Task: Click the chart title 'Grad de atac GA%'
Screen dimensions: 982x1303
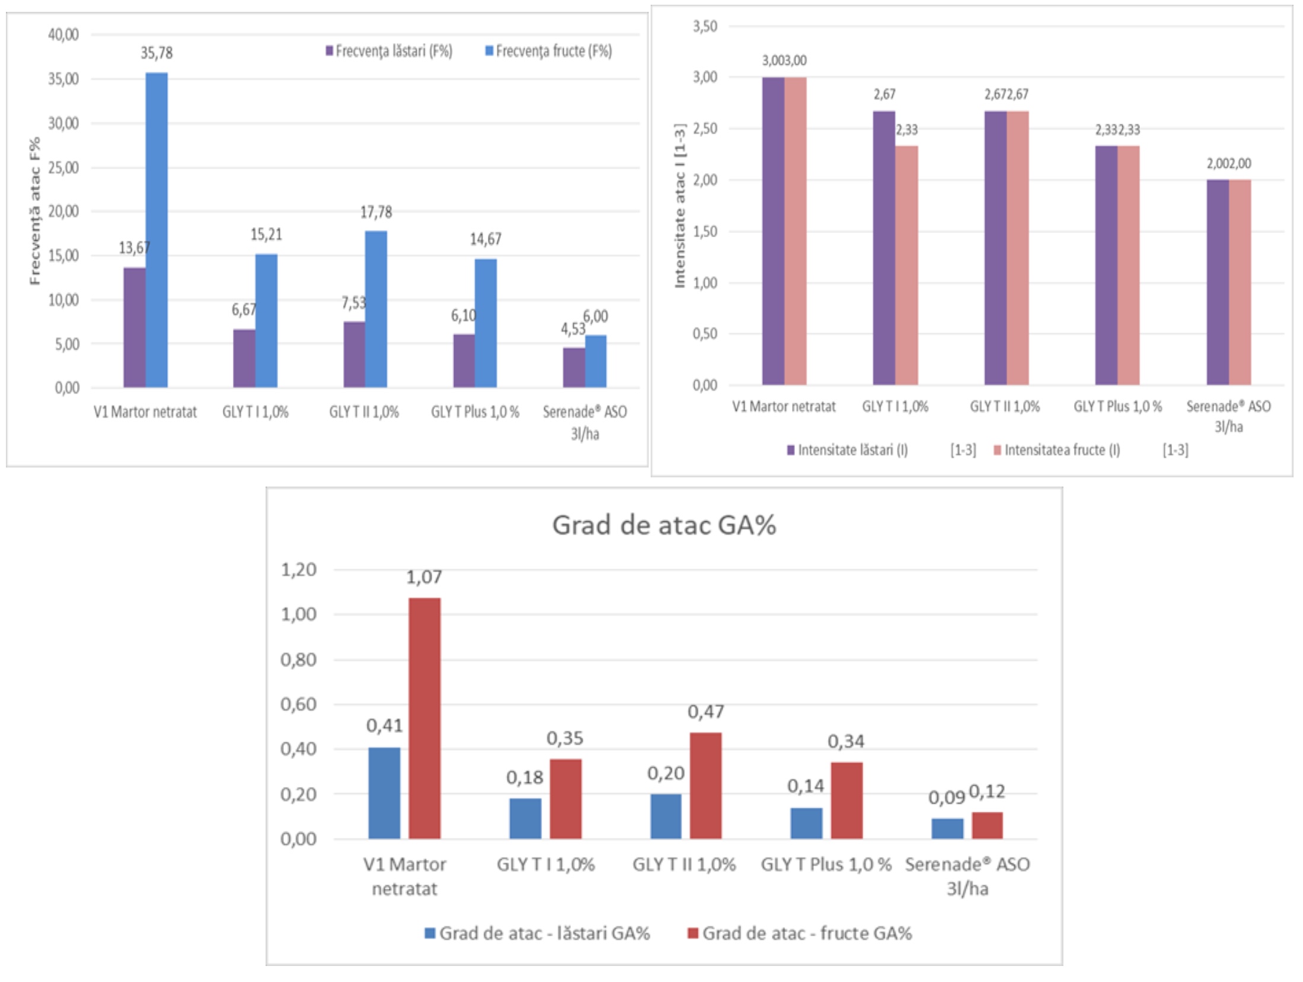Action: (x=664, y=525)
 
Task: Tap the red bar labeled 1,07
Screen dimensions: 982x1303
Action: (x=424, y=718)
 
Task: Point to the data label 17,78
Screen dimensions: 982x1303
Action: (x=376, y=212)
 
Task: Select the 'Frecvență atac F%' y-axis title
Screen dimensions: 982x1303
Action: (x=35, y=211)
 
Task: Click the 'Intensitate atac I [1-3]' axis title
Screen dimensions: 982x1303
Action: (x=679, y=206)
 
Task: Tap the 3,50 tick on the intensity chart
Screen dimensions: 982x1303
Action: (x=705, y=26)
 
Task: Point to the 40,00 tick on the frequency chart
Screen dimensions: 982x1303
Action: (x=63, y=34)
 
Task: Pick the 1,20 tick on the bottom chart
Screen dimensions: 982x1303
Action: (x=298, y=570)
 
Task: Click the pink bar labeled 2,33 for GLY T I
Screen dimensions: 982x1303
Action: (x=906, y=265)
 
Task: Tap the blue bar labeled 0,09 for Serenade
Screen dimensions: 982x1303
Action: (x=947, y=828)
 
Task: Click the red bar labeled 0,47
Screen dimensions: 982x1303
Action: (x=705, y=785)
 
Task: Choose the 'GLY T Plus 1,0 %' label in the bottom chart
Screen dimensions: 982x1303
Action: (x=826, y=865)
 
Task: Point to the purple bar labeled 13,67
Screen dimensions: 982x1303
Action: (x=135, y=327)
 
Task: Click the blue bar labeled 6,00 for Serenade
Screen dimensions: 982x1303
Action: (x=596, y=361)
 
